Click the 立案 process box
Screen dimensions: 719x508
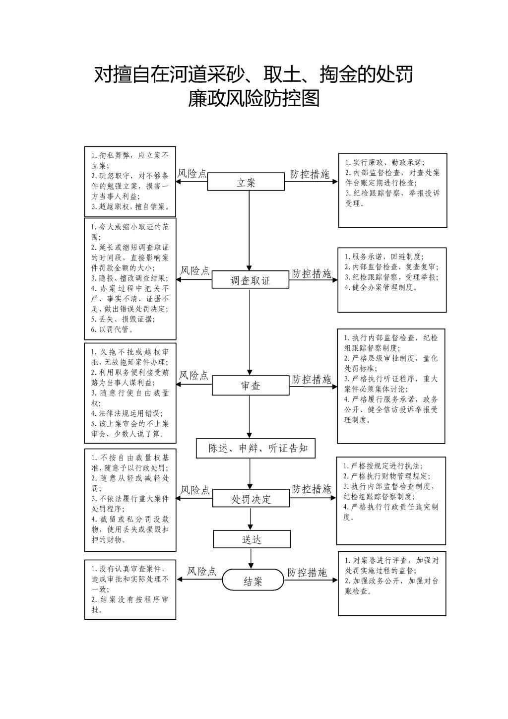click(x=246, y=182)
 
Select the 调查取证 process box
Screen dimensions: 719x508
click(x=250, y=280)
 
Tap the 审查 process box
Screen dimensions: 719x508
click(x=251, y=385)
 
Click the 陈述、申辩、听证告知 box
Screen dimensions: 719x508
click(x=255, y=448)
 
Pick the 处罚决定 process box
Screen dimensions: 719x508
click(x=251, y=498)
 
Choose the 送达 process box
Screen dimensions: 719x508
click(x=252, y=539)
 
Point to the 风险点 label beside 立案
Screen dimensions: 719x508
click(x=192, y=173)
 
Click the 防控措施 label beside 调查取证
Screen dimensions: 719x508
click(x=311, y=273)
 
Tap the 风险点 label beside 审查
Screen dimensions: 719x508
click(x=194, y=375)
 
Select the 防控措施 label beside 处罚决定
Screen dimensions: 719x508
click(x=311, y=489)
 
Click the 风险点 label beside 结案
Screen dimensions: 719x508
click(x=201, y=571)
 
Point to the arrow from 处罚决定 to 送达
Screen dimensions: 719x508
click(x=250, y=519)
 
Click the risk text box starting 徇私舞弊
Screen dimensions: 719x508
click(x=130, y=181)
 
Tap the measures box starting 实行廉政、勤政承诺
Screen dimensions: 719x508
click(x=392, y=190)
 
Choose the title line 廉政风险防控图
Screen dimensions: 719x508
click(x=254, y=99)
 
